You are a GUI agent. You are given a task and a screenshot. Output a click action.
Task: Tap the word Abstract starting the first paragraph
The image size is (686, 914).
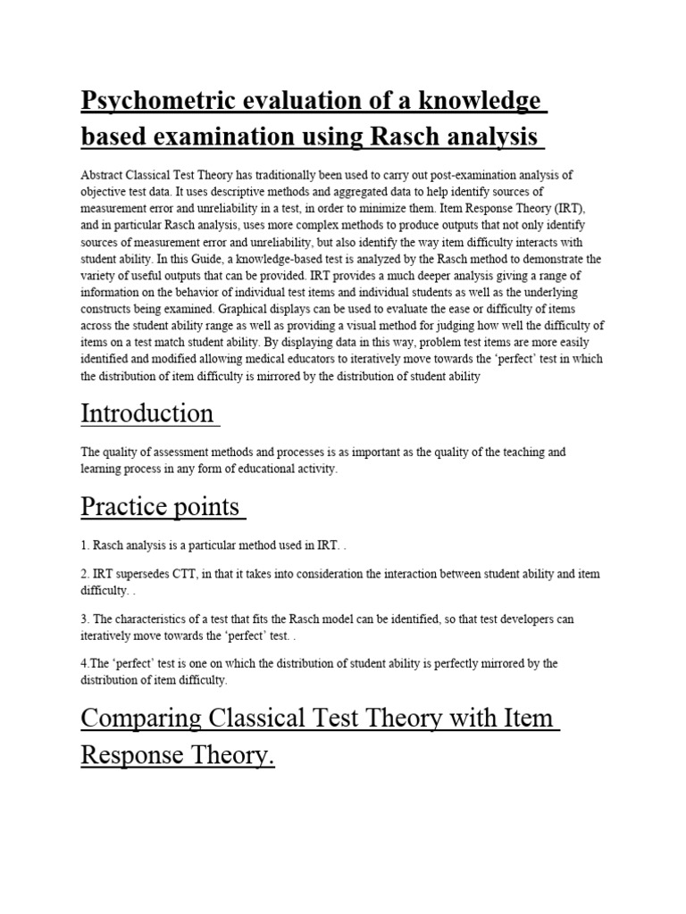(100, 175)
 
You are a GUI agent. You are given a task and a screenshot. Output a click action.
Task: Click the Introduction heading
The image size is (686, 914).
(146, 413)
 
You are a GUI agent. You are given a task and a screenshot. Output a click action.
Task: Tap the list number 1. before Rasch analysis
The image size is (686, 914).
(85, 545)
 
